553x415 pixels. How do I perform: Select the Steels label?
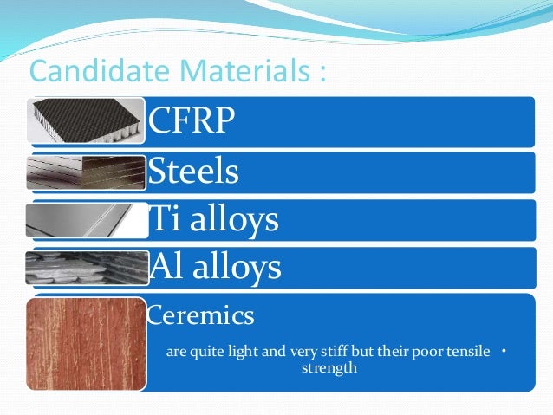(x=193, y=172)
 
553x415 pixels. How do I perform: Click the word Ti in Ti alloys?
(x=162, y=220)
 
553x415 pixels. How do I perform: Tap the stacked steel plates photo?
(x=85, y=172)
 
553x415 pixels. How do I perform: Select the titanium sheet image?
(x=85, y=220)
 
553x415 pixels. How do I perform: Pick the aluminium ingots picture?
(x=85, y=268)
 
